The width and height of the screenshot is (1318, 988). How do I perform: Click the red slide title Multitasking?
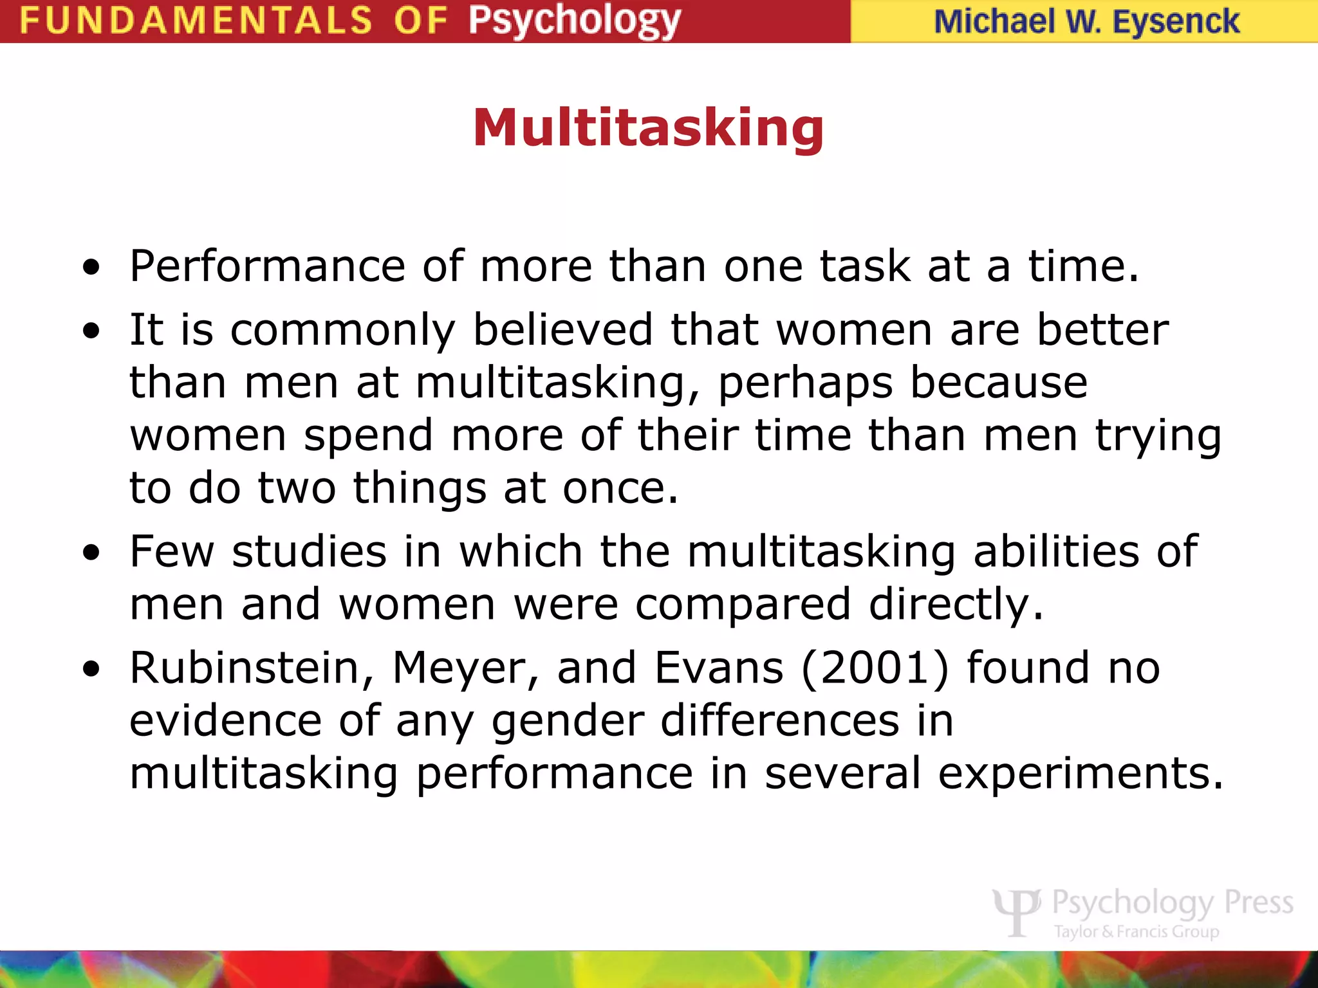tap(648, 127)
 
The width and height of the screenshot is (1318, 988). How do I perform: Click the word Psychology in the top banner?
tap(574, 21)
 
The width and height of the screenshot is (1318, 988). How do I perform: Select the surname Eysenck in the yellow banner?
tap(1176, 22)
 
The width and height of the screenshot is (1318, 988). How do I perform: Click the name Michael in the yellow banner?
tap(994, 22)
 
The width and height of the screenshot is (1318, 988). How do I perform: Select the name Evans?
tap(719, 668)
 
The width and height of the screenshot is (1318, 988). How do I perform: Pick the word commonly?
tap(342, 331)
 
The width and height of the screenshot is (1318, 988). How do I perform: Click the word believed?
tap(563, 330)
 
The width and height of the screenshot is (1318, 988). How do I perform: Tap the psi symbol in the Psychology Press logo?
tap(1017, 910)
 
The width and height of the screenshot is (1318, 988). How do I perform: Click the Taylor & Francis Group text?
tap(1137, 931)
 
